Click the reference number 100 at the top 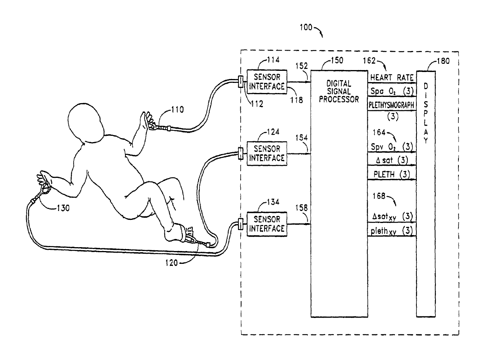pos(306,27)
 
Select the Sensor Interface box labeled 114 pos(267,82)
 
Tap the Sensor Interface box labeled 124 pos(267,153)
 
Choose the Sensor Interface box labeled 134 pos(267,224)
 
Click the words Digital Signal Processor pos(339,91)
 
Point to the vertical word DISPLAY pos(426,113)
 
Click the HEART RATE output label pos(392,77)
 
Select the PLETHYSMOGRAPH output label pos(391,105)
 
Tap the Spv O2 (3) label pos(392,147)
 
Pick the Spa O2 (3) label pos(392,91)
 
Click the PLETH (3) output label pos(392,174)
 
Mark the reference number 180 pos(443,61)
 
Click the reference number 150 pos(337,60)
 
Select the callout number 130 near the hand pos(63,208)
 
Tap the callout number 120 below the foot pos(171,263)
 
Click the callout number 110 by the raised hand pos(177,109)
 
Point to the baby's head pos(86,124)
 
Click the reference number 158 pos(301,208)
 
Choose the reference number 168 pos(379,196)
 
